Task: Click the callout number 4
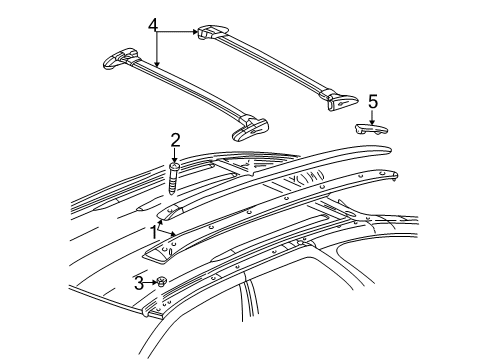[x=154, y=24]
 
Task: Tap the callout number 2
[x=174, y=139]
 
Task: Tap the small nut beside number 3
[x=161, y=283]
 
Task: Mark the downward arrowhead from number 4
[x=157, y=65]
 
